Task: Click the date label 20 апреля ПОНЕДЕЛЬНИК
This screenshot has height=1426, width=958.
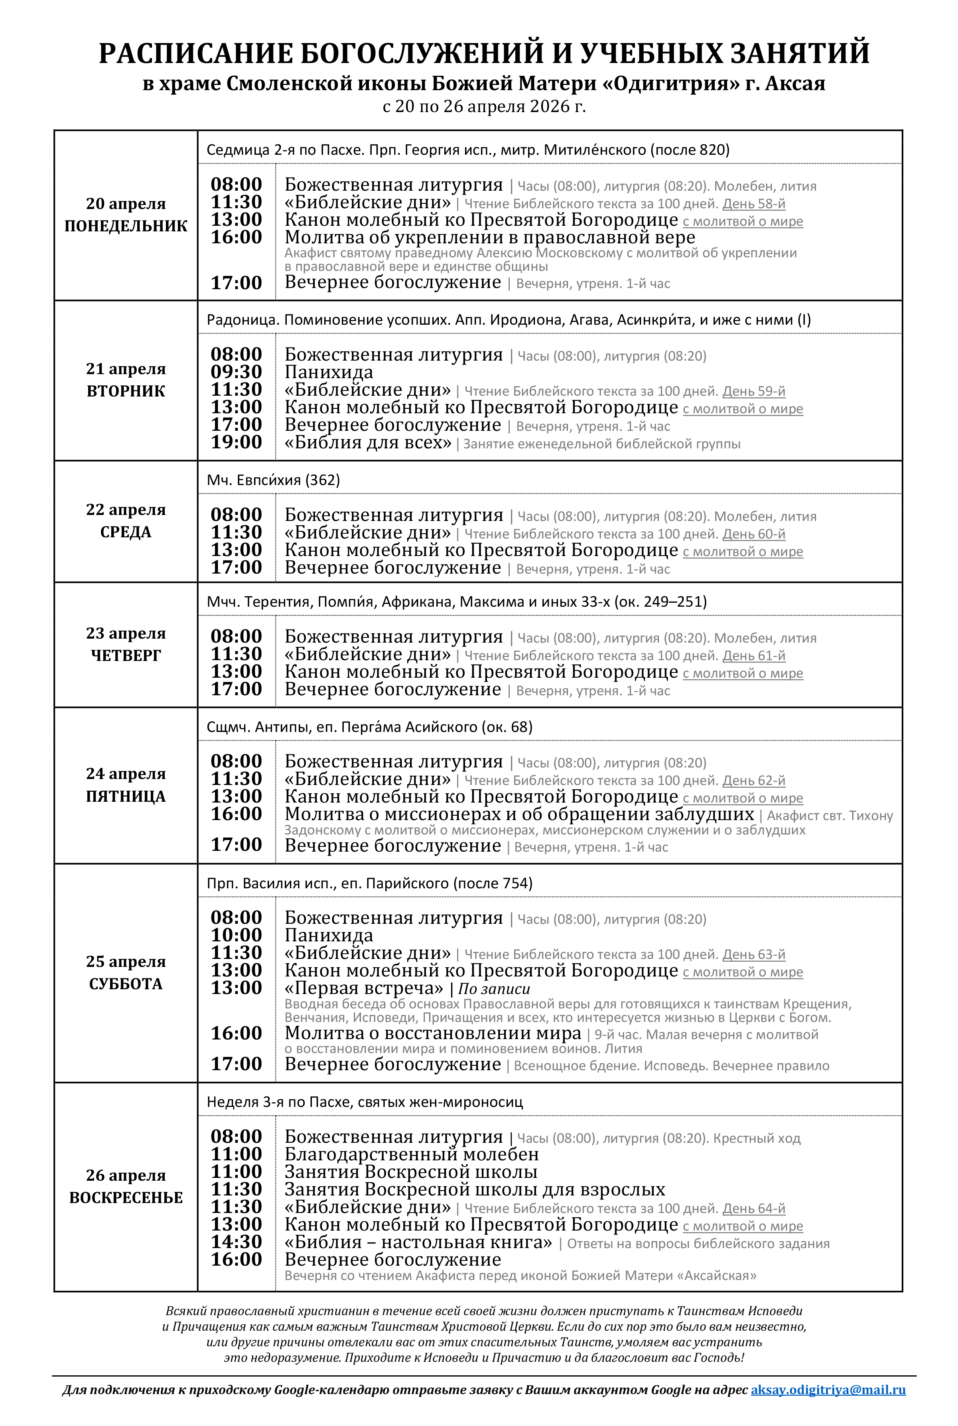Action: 126,215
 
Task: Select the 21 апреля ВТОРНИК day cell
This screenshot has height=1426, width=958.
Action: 126,380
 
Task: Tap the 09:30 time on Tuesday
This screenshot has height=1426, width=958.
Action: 237,372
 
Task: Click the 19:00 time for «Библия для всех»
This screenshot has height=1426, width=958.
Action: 237,442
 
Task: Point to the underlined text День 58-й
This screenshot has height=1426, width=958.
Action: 754,204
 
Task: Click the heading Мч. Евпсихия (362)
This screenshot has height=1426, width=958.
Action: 273,480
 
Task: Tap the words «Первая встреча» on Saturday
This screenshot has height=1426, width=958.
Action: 364,988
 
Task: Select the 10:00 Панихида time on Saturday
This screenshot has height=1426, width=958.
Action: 237,935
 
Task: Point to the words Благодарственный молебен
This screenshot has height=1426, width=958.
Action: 412,1155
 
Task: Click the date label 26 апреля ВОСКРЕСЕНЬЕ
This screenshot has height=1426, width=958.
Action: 126,1187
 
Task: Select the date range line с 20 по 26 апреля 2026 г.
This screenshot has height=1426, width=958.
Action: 484,107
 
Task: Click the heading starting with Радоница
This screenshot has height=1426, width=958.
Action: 509,320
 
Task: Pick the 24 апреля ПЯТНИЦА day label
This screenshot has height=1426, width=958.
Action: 126,785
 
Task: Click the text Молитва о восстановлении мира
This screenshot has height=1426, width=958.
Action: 433,1033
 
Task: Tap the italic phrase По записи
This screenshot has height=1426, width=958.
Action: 494,988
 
